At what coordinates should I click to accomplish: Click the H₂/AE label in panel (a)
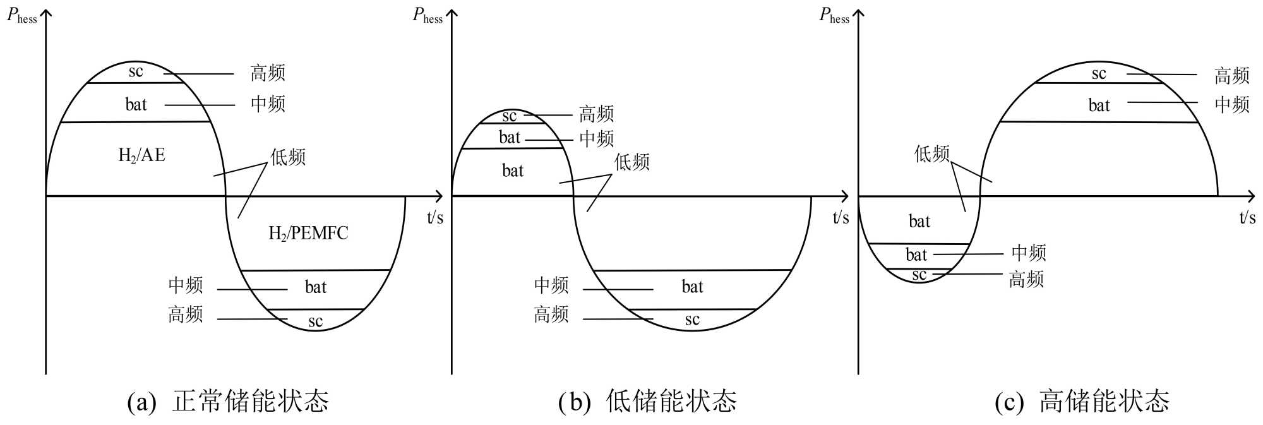click(x=141, y=155)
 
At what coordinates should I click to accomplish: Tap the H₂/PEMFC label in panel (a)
click(x=308, y=234)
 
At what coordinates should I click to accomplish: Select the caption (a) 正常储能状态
click(x=228, y=402)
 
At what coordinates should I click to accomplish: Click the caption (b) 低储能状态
click(x=647, y=402)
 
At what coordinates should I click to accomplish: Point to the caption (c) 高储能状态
click(x=1082, y=402)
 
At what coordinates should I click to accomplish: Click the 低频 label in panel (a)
click(x=288, y=157)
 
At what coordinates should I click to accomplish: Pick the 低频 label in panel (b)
click(x=632, y=162)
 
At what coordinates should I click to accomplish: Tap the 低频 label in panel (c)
click(x=932, y=153)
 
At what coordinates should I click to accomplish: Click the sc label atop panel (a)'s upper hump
click(x=136, y=72)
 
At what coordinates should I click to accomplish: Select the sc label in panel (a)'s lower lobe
click(x=315, y=321)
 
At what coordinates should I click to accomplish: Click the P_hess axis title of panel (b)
click(x=428, y=16)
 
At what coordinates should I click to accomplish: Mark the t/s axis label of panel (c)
click(x=1247, y=218)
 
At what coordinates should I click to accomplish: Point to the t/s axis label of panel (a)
click(x=435, y=218)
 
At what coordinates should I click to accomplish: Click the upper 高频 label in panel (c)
click(x=1232, y=76)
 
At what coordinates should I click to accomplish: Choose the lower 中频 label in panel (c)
click(x=1029, y=253)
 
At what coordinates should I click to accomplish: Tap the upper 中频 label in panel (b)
click(x=597, y=139)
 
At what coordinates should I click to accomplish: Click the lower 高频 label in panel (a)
click(x=186, y=314)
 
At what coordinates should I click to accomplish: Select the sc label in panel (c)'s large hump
click(x=1099, y=74)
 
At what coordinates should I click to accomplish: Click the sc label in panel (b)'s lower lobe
click(x=692, y=320)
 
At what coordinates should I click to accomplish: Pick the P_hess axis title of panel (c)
click(x=834, y=16)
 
